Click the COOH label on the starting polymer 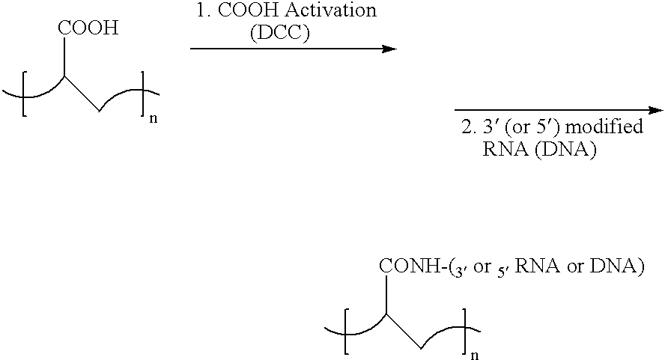tap(88, 28)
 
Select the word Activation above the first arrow tap(330, 10)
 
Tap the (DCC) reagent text tap(280, 33)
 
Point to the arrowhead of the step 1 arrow tap(389, 49)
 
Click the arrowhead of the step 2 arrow tap(655, 111)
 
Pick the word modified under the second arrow tap(604, 126)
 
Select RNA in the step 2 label tap(505, 150)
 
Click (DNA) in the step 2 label tap(565, 150)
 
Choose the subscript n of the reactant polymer tap(154, 119)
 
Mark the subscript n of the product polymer tap(475, 356)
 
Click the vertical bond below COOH tap(64, 58)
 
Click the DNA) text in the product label tap(617, 266)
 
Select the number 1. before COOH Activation tap(203, 10)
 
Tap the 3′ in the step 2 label tap(490, 126)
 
